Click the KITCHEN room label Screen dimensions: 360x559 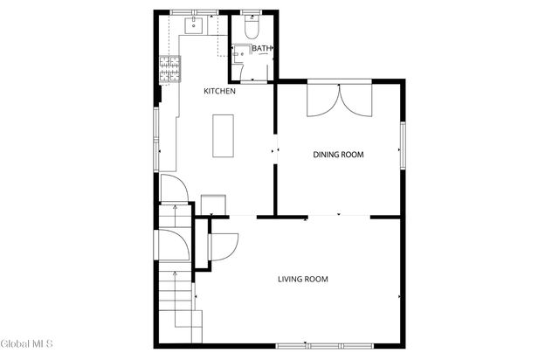219,92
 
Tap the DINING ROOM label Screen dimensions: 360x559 338,155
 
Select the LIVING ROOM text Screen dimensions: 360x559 302,280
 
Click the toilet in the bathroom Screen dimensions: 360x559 251,29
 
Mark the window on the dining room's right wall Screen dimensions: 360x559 403,144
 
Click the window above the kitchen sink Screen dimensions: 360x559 194,11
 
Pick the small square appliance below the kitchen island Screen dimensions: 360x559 211,204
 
